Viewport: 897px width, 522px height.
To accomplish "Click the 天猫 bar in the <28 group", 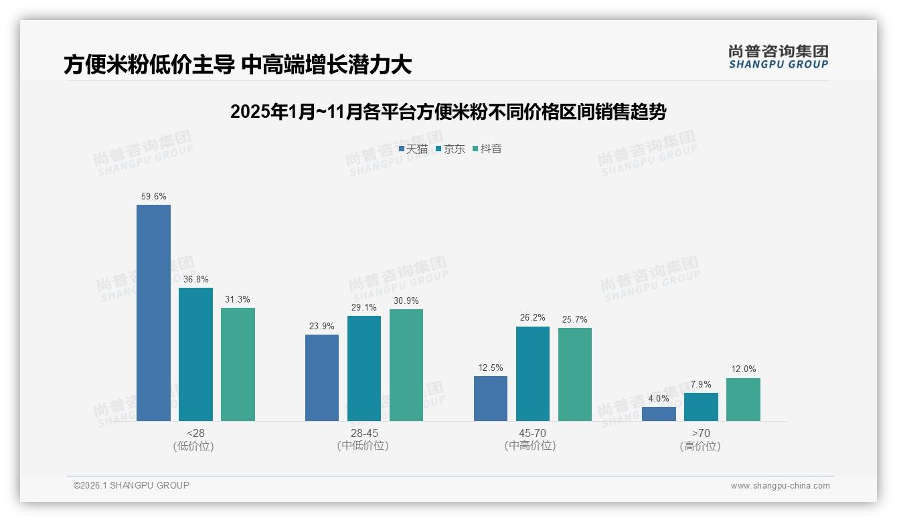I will [x=153, y=313].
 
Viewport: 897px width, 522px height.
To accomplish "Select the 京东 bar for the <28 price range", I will [x=195, y=354].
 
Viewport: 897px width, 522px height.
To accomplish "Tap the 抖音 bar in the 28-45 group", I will [x=406, y=365].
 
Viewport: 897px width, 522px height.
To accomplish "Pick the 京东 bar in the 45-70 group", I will [x=532, y=373].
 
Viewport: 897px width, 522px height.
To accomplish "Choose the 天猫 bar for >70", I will [x=659, y=414].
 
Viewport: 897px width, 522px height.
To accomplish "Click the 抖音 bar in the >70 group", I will [x=743, y=400].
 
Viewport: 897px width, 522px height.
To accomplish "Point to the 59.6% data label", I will [x=153, y=197].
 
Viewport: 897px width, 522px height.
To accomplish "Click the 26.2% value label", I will [x=532, y=318].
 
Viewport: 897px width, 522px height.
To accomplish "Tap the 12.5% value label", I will [x=490, y=367].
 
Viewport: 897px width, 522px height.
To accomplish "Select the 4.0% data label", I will [x=659, y=398].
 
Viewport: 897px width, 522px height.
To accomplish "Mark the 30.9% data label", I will [x=406, y=300].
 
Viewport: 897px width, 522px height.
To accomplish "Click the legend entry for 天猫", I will [x=413, y=149].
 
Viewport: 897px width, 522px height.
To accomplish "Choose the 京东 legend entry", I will [x=450, y=149].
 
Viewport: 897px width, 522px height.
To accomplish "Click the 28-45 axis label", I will [x=363, y=433].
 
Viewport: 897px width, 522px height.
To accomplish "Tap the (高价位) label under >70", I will [x=700, y=446].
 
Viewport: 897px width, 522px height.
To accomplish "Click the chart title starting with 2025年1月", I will [x=448, y=112].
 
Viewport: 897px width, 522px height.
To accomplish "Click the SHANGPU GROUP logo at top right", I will [x=778, y=57].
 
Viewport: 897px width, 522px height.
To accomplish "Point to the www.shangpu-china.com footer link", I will [x=780, y=486].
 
